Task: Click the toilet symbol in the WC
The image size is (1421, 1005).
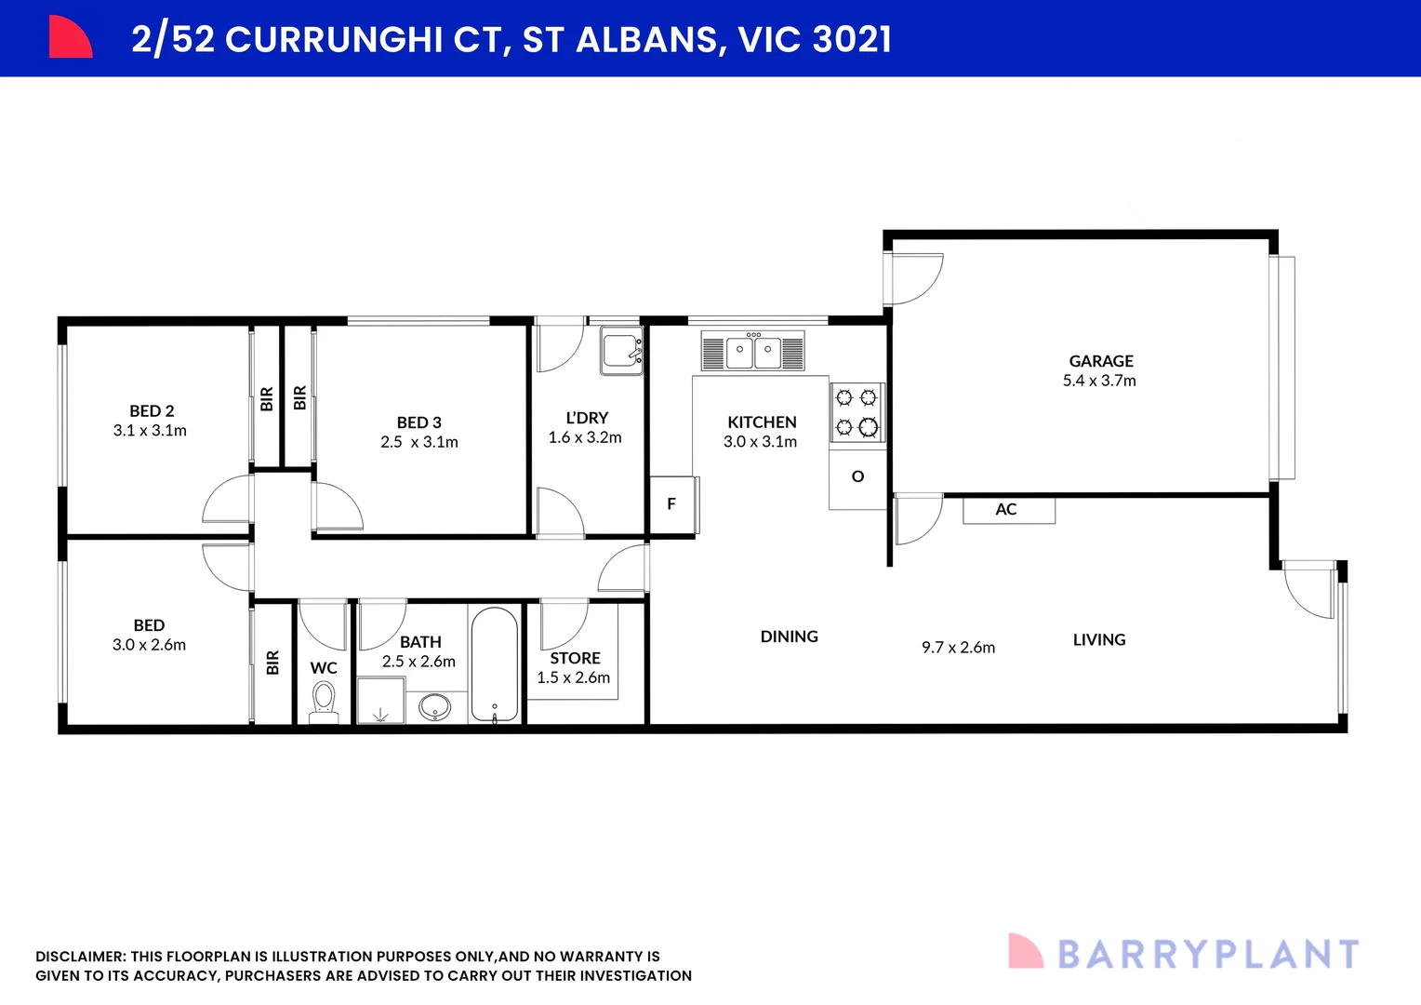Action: pos(324,700)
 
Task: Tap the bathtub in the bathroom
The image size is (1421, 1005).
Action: pos(494,664)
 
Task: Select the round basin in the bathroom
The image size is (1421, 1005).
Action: pos(434,707)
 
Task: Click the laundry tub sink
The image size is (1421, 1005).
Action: pos(621,351)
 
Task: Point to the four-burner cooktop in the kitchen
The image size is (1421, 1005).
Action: pos(857,412)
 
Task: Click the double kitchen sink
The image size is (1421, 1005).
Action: pos(753,352)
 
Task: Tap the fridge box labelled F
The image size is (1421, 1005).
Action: pos(671,504)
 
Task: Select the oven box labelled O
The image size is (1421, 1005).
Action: pos(857,477)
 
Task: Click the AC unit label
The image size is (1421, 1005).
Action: pos(1007,510)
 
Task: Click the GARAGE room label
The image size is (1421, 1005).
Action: pos(1101,361)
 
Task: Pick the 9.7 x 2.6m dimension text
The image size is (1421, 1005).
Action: pos(958,648)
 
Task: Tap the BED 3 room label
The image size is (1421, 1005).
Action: pos(418,422)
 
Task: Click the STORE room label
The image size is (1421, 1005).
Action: pos(575,658)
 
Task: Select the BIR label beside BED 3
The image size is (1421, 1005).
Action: pos(299,398)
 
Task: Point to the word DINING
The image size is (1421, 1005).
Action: pos(789,636)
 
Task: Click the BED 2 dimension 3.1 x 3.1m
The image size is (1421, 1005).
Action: pos(150,431)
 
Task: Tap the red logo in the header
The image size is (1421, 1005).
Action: pos(70,37)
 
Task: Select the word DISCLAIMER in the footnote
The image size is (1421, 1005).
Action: pos(80,957)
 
